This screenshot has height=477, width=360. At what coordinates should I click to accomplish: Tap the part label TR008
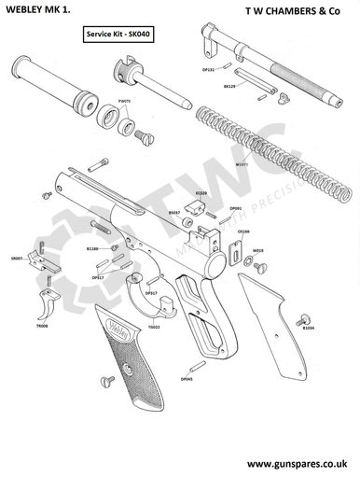[43, 326]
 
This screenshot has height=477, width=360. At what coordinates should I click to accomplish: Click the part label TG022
[154, 327]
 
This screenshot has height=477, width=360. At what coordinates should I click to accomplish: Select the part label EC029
[201, 193]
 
